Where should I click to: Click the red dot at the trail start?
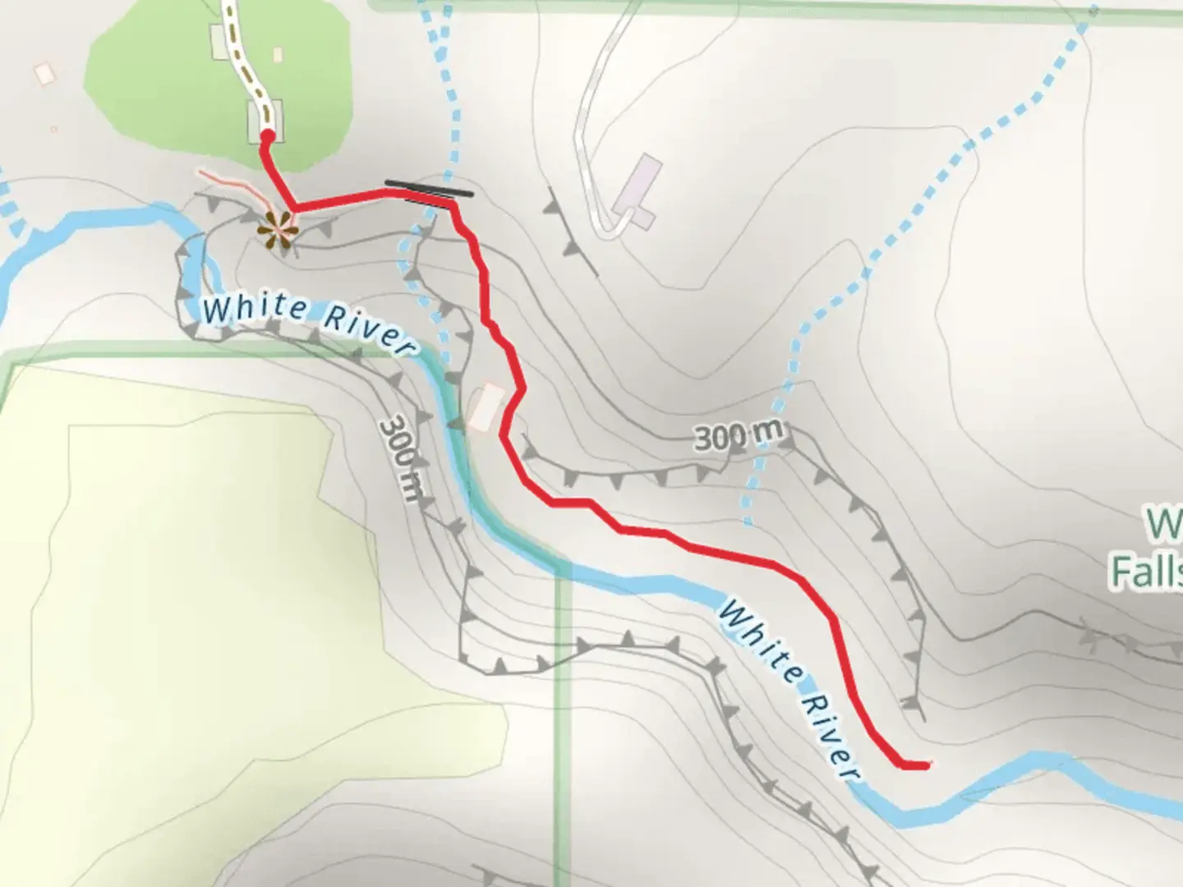(267, 137)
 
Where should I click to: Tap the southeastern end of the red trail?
(927, 765)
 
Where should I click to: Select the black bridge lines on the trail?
(429, 191)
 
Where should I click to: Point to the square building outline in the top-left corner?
(44, 73)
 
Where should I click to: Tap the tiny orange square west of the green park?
(53, 129)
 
